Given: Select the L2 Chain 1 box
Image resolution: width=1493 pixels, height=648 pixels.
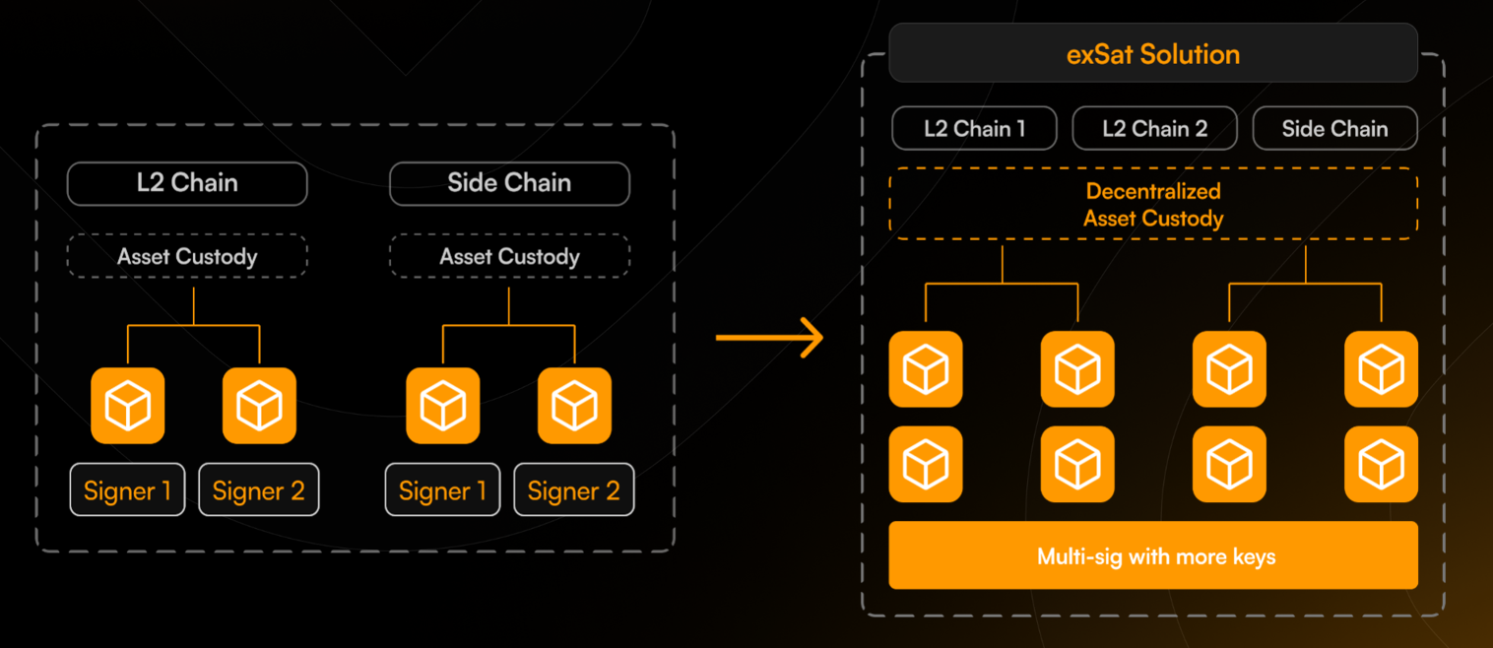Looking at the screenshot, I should tap(974, 129).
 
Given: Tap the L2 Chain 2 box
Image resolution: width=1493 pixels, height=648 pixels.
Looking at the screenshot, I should tap(1153, 129).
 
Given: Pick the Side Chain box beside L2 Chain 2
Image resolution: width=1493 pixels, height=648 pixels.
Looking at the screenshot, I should tap(1334, 129).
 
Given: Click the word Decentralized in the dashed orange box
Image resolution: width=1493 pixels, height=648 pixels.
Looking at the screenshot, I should tap(1153, 191).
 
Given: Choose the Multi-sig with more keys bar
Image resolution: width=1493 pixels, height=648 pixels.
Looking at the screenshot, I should tap(1153, 556).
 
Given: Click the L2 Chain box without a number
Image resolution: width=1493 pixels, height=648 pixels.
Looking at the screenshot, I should tap(187, 183).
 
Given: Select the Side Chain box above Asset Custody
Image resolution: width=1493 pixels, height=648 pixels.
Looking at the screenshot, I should tap(509, 183).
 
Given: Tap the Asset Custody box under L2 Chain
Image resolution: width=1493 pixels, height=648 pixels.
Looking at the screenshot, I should tap(187, 257).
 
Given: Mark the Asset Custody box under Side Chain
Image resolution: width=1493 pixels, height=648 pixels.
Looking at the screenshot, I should tap(509, 257).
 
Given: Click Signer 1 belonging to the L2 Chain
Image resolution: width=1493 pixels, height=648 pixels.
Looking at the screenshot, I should tap(127, 490).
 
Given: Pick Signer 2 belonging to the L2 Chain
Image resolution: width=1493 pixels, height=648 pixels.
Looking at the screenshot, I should tap(259, 490).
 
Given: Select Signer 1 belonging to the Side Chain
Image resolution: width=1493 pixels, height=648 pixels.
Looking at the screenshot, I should tap(442, 490).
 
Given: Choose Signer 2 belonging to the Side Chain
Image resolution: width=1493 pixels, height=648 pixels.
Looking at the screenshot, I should tap(574, 490).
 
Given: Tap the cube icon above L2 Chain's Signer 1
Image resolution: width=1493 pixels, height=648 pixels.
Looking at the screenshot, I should tap(128, 406).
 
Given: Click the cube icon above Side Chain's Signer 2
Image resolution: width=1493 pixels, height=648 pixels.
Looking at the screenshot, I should tap(574, 406).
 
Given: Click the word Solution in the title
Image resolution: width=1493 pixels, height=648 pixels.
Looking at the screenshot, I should tap(1191, 54).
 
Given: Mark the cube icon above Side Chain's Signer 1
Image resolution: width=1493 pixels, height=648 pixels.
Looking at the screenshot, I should tap(443, 406).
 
